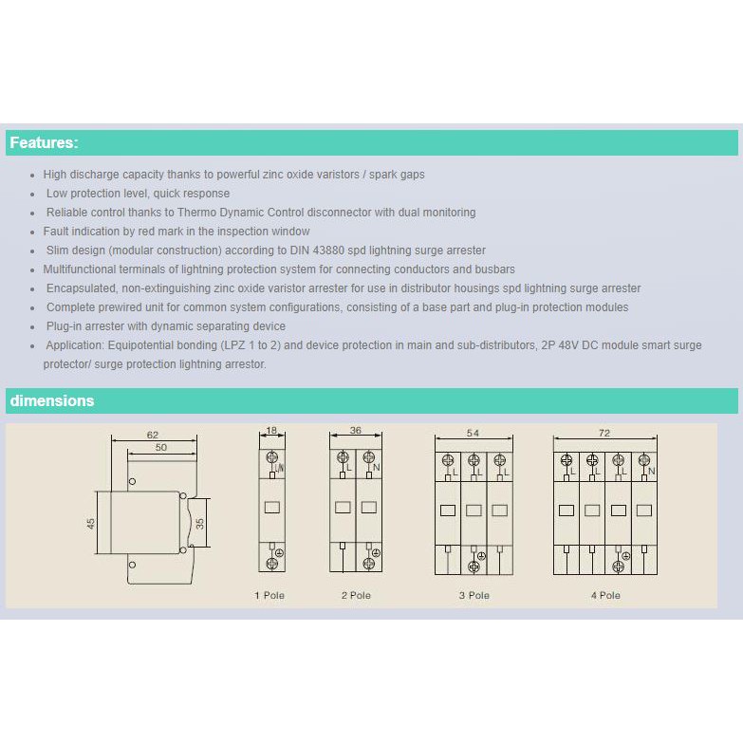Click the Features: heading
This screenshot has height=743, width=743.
[44, 142]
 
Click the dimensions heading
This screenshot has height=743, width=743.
[52, 400]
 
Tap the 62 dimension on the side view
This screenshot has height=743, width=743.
[153, 435]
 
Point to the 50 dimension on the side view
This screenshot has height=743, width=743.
[161, 447]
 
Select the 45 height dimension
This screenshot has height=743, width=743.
[90, 524]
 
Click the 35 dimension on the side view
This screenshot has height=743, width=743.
[200, 524]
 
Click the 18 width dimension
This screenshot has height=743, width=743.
[271, 430]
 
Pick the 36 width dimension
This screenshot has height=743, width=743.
[356, 430]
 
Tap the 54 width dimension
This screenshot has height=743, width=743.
[473, 433]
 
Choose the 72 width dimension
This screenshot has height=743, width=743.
[604, 433]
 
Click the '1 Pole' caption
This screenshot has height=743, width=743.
[269, 595]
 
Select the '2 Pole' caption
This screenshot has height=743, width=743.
[356, 595]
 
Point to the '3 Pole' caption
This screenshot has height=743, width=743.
[474, 595]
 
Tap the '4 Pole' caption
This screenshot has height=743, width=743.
[605, 595]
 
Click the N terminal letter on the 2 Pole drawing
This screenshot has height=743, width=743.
[376, 467]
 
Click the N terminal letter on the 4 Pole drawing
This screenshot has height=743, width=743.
[652, 471]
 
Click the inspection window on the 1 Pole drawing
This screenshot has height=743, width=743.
[272, 508]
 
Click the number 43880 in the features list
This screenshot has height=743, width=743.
[329, 251]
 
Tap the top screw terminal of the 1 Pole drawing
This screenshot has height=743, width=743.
[272, 457]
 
